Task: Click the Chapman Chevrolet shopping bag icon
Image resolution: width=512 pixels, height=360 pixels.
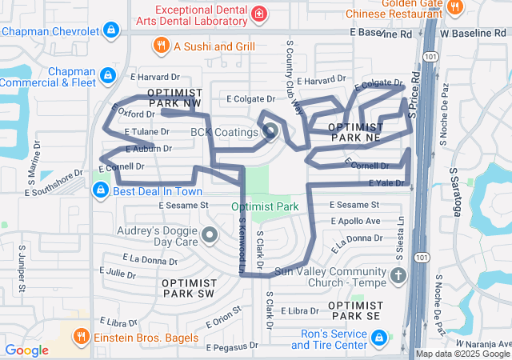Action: coord(112,31)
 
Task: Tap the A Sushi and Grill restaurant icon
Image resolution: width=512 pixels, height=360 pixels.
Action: coord(161,46)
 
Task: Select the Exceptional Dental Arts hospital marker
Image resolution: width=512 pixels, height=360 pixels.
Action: coord(259,14)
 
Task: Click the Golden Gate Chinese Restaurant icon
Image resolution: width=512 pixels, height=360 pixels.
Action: coord(455,7)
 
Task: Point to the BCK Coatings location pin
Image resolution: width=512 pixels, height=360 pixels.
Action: coord(270,131)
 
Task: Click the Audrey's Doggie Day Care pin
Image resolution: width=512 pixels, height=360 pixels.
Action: coord(210,235)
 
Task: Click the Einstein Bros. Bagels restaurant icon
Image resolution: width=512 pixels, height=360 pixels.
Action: coord(81,335)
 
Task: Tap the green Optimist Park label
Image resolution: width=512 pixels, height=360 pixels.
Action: coord(265,206)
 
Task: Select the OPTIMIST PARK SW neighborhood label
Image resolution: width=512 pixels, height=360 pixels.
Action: coord(188,288)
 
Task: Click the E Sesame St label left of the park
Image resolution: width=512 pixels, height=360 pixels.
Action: coord(183,205)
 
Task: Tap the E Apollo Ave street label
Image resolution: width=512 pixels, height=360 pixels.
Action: coord(354,221)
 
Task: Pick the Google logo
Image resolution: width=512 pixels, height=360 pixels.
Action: coord(26,350)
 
